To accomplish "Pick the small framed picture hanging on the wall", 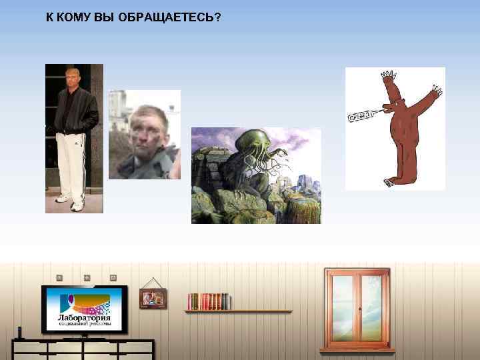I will pyautogui.click(x=153, y=297).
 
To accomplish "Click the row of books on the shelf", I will pyautogui.click(x=209, y=301).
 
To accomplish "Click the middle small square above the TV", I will pyautogui.click(x=86, y=277).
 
